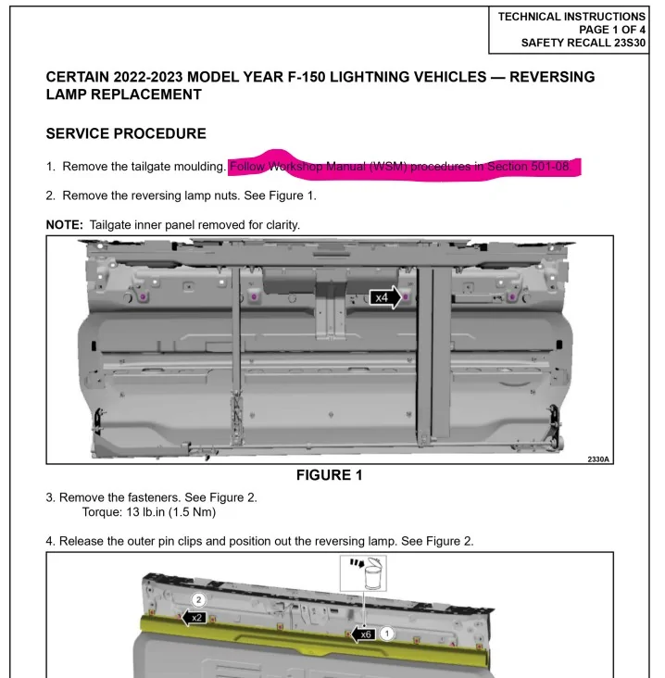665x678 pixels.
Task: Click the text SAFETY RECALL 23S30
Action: point(583,43)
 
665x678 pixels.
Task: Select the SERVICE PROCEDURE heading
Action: point(126,134)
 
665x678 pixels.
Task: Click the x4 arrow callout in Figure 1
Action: point(385,297)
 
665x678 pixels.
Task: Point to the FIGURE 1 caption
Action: point(329,476)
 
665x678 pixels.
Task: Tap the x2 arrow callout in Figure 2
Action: point(194,618)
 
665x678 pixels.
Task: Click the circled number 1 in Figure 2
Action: point(388,634)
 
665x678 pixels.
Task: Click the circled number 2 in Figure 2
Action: point(198,600)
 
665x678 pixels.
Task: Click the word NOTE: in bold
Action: point(65,225)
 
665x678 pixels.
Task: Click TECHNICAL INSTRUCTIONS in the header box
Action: point(571,17)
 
